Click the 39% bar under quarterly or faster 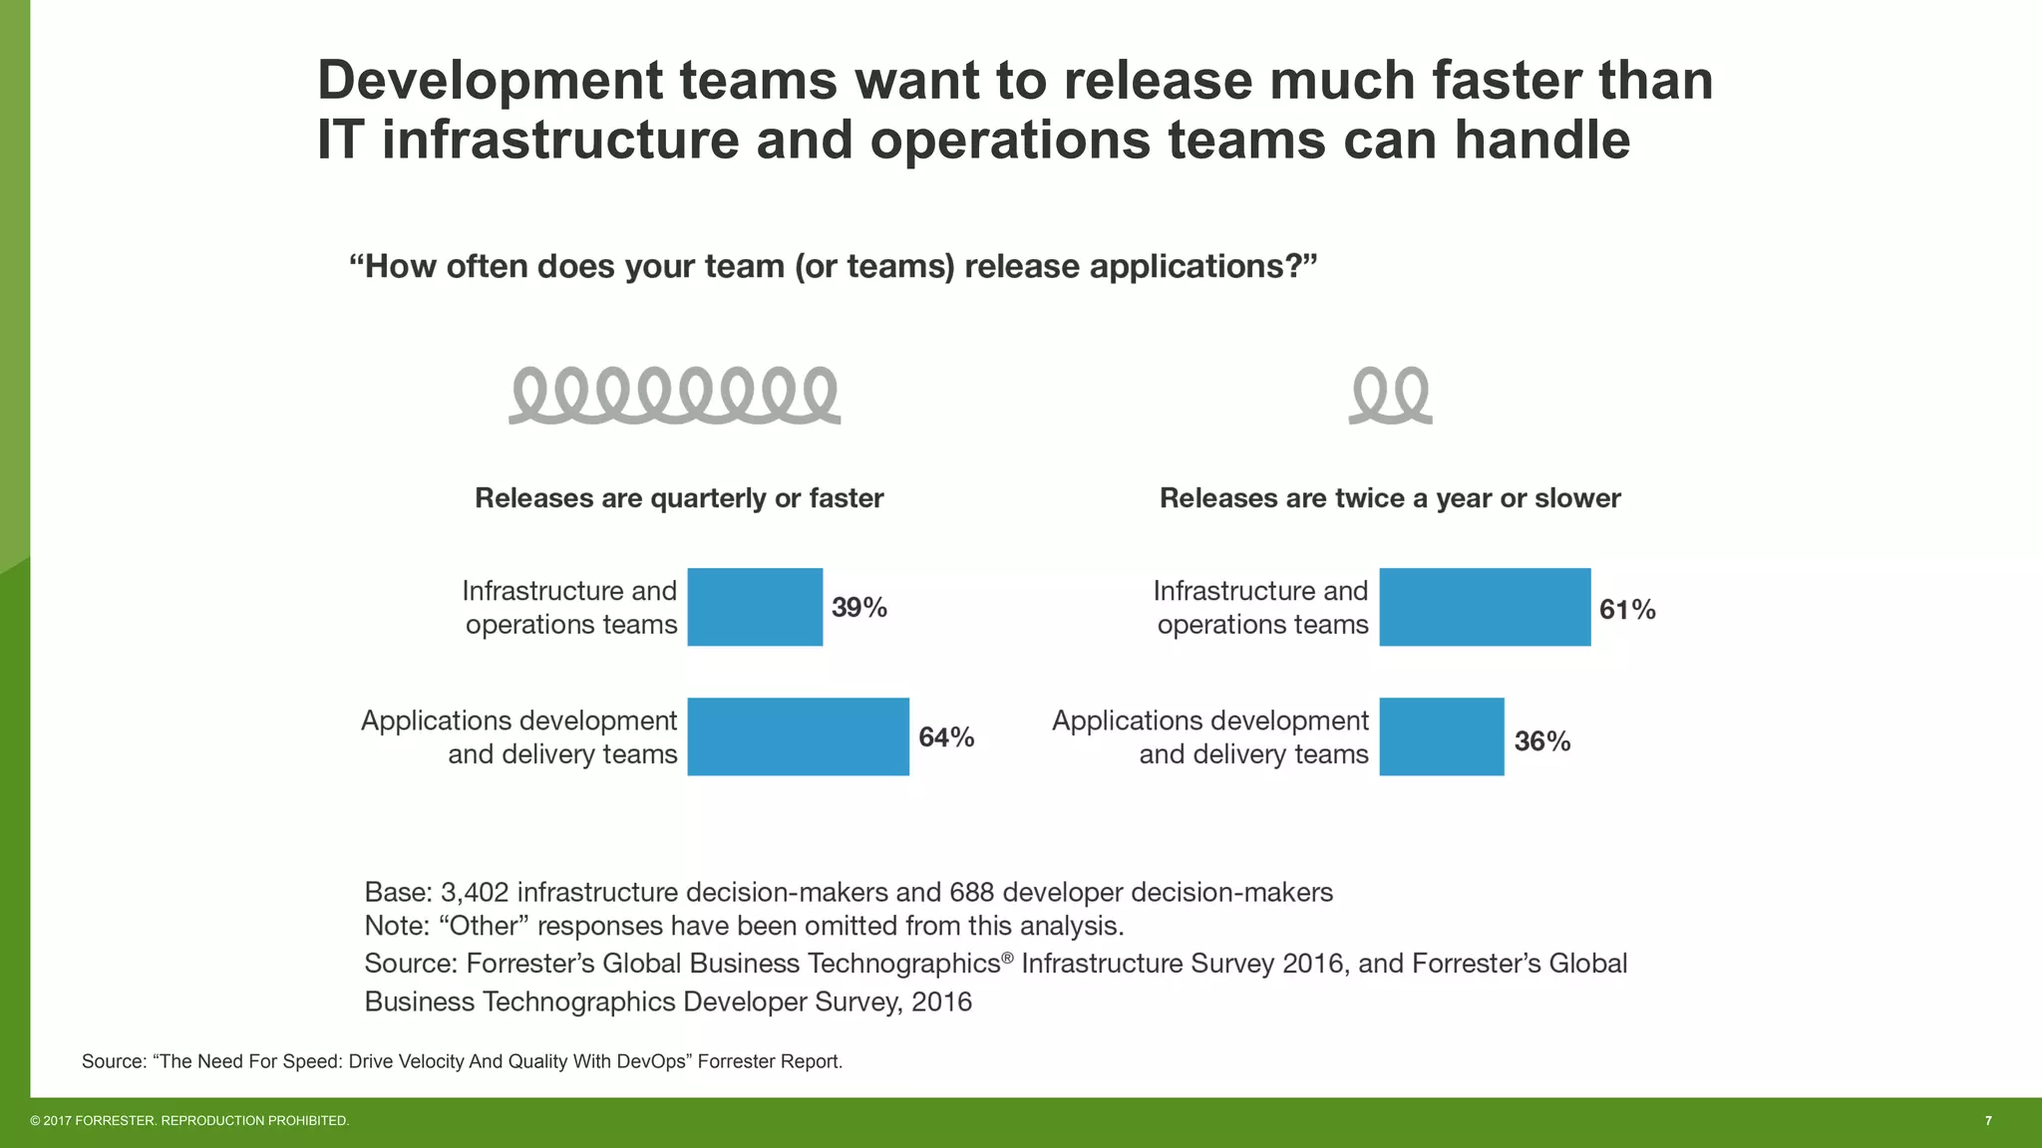click(x=755, y=607)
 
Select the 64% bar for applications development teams click(x=798, y=736)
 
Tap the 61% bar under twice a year click(x=1485, y=607)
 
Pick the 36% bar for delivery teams click(x=1441, y=736)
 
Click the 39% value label click(x=858, y=608)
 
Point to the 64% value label click(x=945, y=737)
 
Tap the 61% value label click(x=1626, y=610)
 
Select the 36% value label click(x=1541, y=741)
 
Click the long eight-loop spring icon click(x=675, y=396)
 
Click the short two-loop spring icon click(x=1390, y=396)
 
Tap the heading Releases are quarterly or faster click(x=679, y=498)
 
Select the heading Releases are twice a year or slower click(x=1390, y=498)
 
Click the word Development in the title click(x=490, y=81)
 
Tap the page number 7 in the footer click(x=1988, y=1121)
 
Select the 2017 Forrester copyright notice click(x=189, y=1121)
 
